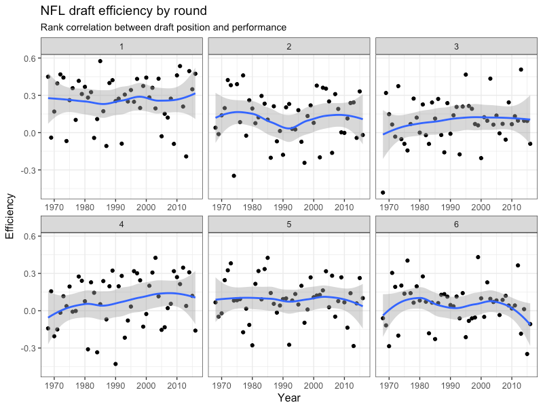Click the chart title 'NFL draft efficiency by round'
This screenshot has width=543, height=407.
(124, 12)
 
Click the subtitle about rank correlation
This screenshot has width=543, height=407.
(163, 28)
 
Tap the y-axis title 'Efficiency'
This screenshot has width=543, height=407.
(10, 216)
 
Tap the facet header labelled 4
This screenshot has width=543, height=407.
(121, 223)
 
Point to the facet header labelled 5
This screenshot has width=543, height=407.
(288, 223)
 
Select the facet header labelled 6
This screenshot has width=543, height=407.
(455, 223)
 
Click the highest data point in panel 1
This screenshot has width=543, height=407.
(100, 61)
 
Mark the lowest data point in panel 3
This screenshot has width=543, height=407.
(383, 193)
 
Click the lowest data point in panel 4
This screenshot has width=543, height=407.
(115, 364)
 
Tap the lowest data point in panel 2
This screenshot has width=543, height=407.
(233, 176)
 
